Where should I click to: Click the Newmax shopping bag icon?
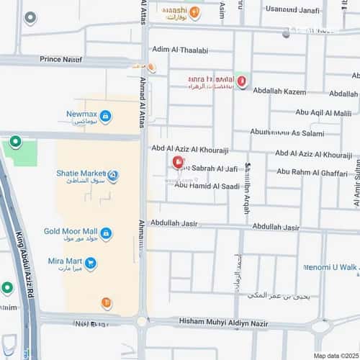click(x=105, y=116)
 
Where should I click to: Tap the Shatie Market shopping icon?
click(x=112, y=175)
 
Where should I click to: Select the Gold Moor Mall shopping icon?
click(x=106, y=233)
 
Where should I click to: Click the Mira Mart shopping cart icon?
click(x=90, y=264)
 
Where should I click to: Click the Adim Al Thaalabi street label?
click(x=180, y=50)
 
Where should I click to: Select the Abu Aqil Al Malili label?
click(x=323, y=112)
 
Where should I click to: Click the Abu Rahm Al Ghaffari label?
click(x=312, y=172)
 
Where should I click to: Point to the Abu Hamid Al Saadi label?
click(x=207, y=186)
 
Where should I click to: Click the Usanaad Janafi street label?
click(x=292, y=9)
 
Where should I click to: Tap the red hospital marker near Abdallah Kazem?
click(x=243, y=81)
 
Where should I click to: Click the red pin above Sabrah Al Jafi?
click(x=178, y=162)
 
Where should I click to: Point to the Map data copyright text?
click(x=335, y=356)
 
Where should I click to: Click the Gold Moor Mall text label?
click(x=70, y=231)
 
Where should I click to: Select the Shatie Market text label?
click(x=80, y=174)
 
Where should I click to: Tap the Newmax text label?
click(x=81, y=114)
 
